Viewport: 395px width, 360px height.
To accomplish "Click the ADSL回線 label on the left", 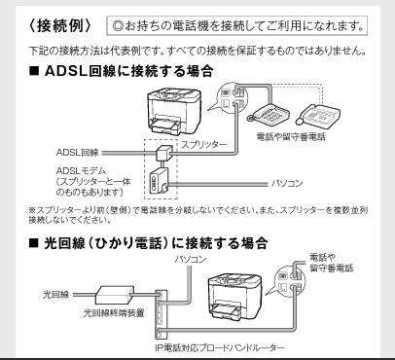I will [x=57, y=153].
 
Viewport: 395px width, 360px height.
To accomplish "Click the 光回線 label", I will [x=55, y=290].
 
